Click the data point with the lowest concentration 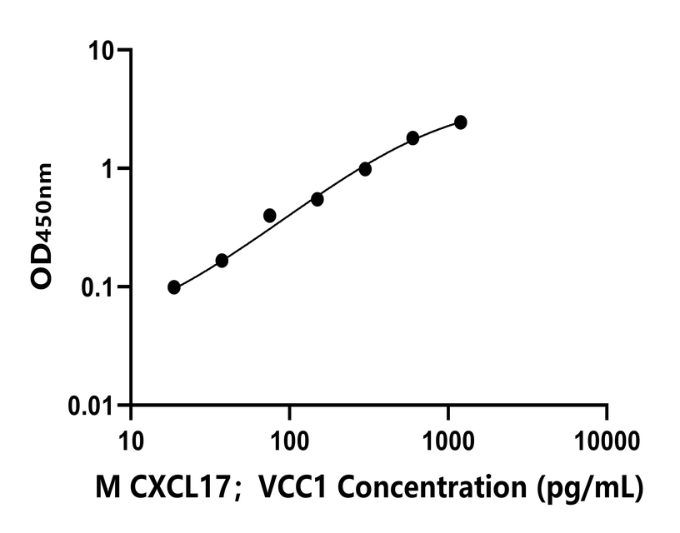pos(173,287)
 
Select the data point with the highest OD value pos(461,122)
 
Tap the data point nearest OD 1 pos(365,169)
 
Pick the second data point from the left pos(222,261)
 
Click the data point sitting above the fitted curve pos(269,216)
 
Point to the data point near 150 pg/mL pos(317,199)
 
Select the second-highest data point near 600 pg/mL pos(412,138)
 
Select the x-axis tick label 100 pos(289,438)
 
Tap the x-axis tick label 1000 pos(448,438)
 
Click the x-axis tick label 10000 pos(607,438)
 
